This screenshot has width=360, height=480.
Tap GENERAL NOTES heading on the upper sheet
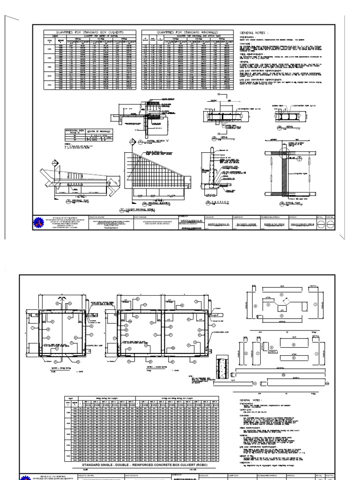coord(255,33)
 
